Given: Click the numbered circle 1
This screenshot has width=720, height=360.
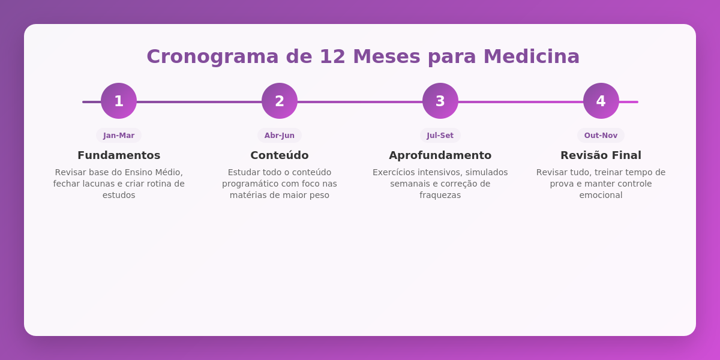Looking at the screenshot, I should [119, 101].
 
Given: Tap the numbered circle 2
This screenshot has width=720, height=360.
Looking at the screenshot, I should [280, 101].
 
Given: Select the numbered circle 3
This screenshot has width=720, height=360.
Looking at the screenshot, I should [440, 101].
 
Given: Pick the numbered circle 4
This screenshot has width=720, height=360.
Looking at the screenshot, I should [601, 101].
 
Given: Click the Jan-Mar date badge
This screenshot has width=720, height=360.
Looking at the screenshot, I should [119, 136].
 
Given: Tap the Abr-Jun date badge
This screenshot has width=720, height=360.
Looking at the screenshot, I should [280, 136].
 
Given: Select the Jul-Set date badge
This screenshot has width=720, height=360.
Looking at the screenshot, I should [440, 136].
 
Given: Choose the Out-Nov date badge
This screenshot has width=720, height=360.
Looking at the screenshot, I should [601, 136].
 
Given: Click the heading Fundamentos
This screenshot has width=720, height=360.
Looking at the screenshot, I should [119, 155].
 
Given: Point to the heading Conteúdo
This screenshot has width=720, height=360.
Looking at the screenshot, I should [280, 155].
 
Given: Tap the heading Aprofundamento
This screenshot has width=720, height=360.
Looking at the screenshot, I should [440, 155].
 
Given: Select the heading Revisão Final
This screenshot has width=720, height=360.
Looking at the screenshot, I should [601, 155].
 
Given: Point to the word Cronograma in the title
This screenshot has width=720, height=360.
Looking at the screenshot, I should [213, 56].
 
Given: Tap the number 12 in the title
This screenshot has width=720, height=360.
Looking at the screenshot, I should [332, 56].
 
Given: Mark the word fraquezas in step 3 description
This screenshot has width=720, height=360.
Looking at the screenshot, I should [440, 195].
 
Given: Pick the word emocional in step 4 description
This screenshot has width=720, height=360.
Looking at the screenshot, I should [601, 195].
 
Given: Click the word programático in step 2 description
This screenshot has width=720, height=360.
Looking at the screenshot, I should [250, 184].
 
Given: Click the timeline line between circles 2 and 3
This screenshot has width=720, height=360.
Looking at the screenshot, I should [360, 102].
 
